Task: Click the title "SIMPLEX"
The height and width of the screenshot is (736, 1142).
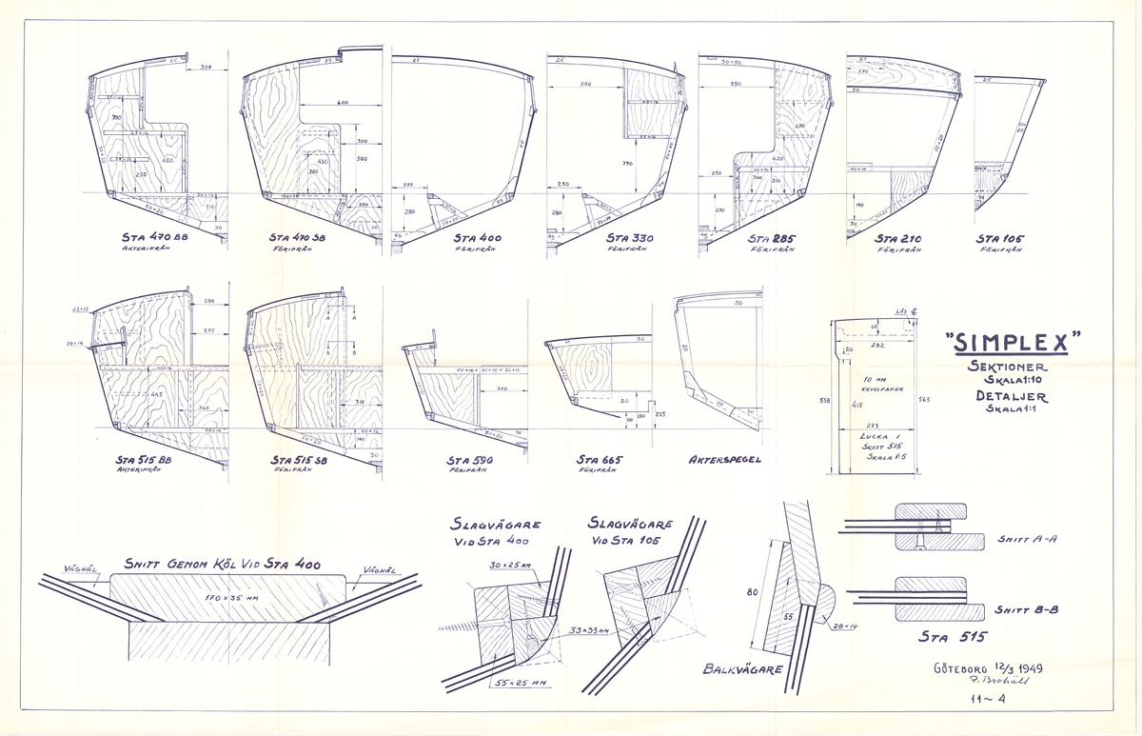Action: point(1013,341)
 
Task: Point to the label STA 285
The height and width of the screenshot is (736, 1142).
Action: point(771,238)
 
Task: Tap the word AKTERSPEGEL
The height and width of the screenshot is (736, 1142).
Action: point(724,459)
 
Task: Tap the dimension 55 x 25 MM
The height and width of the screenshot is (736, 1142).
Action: point(518,683)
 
